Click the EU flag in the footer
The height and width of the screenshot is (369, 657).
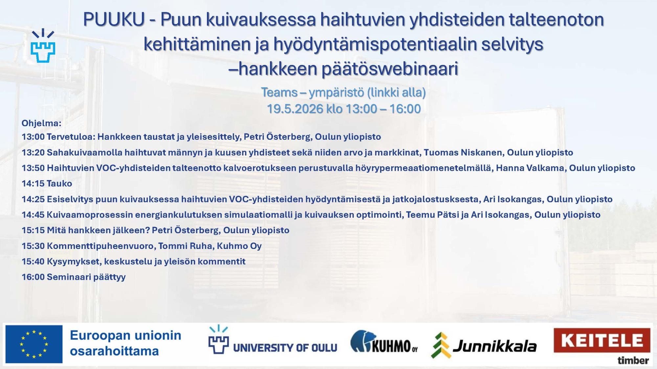[34, 344]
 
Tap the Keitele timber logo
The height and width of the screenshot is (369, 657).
[602, 345]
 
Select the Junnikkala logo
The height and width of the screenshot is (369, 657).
[484, 346]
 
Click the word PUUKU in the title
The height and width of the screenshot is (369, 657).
[114, 20]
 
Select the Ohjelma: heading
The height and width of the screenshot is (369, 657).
[41, 123]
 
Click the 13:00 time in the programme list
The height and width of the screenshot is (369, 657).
[33, 137]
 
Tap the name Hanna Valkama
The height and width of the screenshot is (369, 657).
[530, 168]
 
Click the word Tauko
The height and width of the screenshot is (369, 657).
[59, 183]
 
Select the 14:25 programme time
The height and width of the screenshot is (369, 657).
[33, 199]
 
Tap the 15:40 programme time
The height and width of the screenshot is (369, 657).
[33, 261]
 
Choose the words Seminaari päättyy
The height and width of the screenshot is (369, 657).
[86, 277]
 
